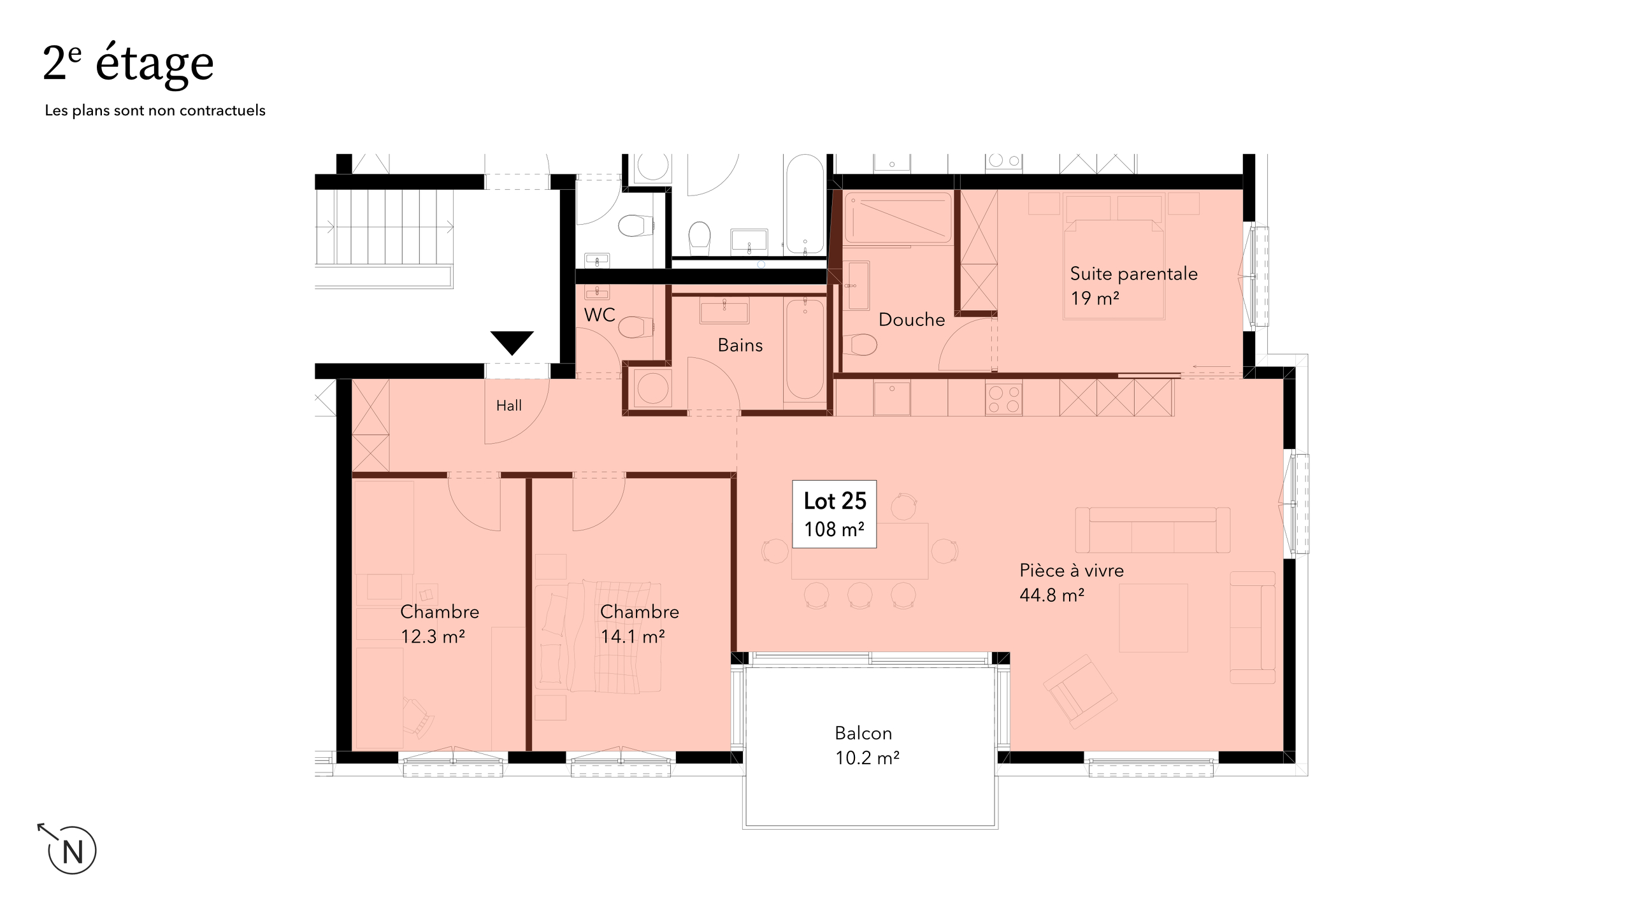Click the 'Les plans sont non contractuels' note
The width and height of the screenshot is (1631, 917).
pyautogui.click(x=155, y=111)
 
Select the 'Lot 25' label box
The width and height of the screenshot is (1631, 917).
pyautogui.click(x=835, y=514)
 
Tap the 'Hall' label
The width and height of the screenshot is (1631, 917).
pyautogui.click(x=509, y=406)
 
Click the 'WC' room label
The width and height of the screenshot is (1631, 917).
pyautogui.click(x=600, y=315)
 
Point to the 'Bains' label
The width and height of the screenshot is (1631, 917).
pyautogui.click(x=740, y=345)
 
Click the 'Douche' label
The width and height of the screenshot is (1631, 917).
pyautogui.click(x=912, y=320)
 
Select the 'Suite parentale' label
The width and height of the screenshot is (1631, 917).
pyautogui.click(x=1134, y=274)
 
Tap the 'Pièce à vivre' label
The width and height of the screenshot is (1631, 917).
pyautogui.click(x=1072, y=571)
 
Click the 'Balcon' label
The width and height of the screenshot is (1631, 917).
pyautogui.click(x=863, y=734)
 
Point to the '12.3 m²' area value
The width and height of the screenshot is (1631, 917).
pyautogui.click(x=433, y=636)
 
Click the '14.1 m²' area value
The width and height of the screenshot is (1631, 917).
pyautogui.click(x=633, y=636)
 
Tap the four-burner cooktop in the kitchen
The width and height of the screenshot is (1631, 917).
pyautogui.click(x=1003, y=399)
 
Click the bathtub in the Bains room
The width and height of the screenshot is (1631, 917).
pyautogui.click(x=805, y=350)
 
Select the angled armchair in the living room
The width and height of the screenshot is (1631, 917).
pyautogui.click(x=1080, y=692)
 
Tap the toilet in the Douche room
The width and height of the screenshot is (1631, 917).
pyautogui.click(x=860, y=345)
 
